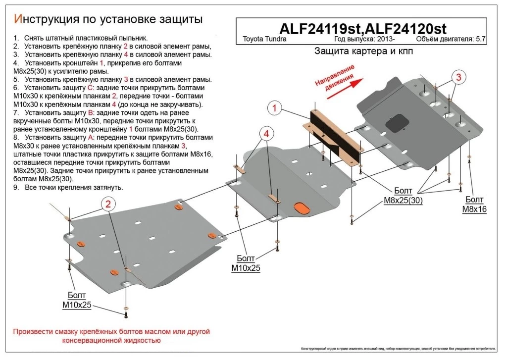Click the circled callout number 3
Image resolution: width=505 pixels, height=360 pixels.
(458, 77)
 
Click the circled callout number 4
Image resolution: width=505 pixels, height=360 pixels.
(266, 134)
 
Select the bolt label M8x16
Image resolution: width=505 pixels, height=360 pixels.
(474, 204)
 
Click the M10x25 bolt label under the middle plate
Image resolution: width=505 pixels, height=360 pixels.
(246, 263)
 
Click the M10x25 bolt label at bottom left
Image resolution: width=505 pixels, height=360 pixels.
(77, 300)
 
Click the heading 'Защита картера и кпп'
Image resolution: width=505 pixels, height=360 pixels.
(363, 51)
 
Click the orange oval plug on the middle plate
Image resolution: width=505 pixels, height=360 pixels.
(300, 207)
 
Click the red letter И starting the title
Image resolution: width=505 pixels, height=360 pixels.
(18, 19)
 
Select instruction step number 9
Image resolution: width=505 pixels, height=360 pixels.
(16, 188)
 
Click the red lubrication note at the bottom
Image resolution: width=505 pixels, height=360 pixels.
(112, 336)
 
